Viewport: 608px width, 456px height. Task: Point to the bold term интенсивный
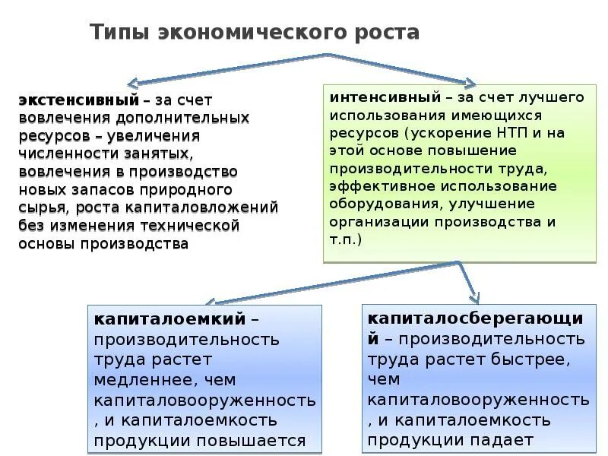[x=385, y=98]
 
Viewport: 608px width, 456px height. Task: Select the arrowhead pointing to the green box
[x=470, y=81]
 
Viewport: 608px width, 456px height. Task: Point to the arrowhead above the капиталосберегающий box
[x=475, y=296]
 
